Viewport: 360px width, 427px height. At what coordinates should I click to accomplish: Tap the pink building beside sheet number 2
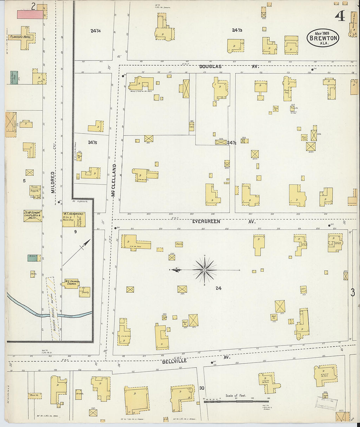[30, 14]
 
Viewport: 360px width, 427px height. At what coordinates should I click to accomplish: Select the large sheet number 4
[340, 15]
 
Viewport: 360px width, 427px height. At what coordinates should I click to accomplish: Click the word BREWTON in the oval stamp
[323, 38]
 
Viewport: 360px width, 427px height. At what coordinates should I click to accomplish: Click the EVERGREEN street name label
[206, 222]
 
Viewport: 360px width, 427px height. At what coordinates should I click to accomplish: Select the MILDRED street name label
[53, 182]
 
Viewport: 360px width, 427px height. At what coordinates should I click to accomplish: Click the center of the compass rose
[205, 270]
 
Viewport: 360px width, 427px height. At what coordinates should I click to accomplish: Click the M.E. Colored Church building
[72, 283]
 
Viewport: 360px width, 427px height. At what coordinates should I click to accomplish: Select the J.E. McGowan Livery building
[32, 216]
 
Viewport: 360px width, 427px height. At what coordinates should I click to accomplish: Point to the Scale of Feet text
[236, 396]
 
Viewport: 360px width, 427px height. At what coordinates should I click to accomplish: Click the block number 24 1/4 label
[96, 31]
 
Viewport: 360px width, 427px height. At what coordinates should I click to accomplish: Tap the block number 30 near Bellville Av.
[202, 388]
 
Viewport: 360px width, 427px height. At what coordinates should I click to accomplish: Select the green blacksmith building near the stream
[32, 258]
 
